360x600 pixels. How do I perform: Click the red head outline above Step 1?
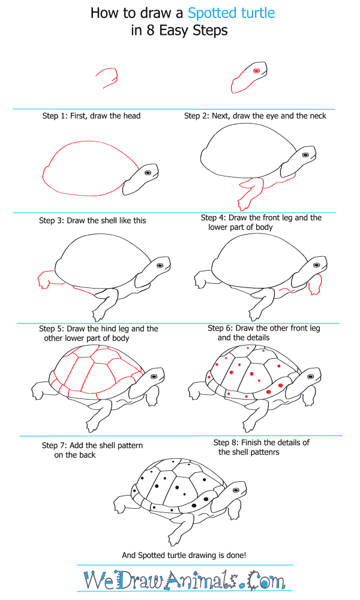tap(108, 77)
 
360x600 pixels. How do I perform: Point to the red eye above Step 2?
tap(256, 71)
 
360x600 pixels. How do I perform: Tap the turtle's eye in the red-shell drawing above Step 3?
tap(146, 172)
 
